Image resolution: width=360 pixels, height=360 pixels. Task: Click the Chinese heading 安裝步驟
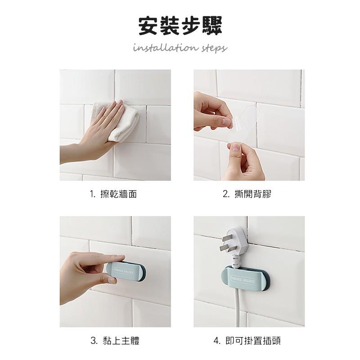[x=180, y=26]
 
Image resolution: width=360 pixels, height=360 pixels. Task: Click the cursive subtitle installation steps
[x=180, y=48]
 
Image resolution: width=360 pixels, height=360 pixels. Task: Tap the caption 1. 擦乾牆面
[x=113, y=194]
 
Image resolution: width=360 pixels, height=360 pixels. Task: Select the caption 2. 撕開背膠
[x=247, y=194]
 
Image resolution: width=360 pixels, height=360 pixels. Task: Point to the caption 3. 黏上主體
[x=115, y=341]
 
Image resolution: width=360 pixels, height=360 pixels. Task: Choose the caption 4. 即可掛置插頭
[x=247, y=341]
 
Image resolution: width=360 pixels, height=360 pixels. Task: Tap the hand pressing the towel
[x=96, y=133]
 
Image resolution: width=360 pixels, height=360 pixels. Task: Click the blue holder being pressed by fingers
[x=126, y=271]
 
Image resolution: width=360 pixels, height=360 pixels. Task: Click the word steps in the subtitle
[x=214, y=48]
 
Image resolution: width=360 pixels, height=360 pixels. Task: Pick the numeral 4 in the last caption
[x=216, y=341]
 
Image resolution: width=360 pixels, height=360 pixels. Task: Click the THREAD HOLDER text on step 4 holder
[x=243, y=279]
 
